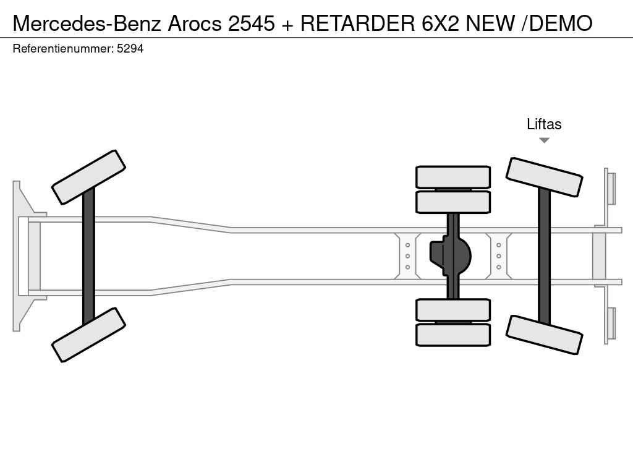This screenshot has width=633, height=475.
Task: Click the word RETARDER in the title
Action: coord(358,24)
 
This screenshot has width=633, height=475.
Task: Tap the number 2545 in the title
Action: coord(251,24)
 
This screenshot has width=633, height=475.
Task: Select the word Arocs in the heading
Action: coord(195,24)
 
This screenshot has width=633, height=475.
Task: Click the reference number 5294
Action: coord(130,49)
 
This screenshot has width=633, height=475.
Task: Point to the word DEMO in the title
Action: coord(560,24)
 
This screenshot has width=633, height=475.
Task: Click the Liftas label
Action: coord(544,124)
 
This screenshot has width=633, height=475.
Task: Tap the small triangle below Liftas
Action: coord(544,140)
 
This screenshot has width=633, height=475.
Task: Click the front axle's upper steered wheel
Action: coord(88,178)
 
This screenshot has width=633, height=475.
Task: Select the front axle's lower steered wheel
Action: coord(88,335)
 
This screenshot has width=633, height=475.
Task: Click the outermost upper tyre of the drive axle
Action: coord(453,177)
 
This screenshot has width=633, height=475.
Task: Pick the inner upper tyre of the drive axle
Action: coord(453,202)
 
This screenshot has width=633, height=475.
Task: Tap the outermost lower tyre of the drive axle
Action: coord(453,335)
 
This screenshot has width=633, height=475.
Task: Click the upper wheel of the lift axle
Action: coord(544,178)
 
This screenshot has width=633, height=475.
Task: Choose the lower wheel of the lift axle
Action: coord(544,335)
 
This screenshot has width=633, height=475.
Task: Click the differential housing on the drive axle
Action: coord(451,256)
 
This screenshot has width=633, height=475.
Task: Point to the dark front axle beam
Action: coord(88,256)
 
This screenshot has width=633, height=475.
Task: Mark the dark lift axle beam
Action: coord(544,256)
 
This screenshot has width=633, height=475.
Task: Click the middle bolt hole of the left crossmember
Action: coord(407,256)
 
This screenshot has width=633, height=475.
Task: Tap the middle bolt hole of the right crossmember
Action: coord(499,256)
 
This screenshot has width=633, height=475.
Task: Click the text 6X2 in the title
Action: coord(440,24)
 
